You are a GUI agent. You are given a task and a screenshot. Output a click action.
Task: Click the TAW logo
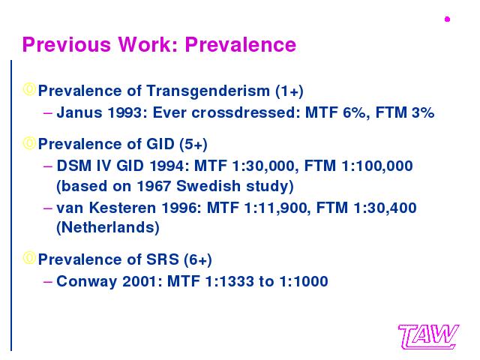point(428,337)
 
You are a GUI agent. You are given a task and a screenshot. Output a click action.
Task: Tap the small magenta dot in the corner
point(447,19)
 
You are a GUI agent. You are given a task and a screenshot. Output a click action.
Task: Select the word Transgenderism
point(208,91)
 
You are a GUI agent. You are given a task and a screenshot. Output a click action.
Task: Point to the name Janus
point(79,112)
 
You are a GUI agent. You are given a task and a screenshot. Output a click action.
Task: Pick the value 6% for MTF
point(354,112)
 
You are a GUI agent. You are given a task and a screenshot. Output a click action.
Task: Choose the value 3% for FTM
point(423,112)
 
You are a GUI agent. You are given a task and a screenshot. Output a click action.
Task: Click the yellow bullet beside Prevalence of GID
point(29,142)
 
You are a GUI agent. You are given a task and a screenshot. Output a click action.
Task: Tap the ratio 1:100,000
point(377,166)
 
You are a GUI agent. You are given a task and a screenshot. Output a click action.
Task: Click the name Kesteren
point(122,208)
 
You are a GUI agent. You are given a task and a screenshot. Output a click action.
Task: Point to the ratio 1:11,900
point(275,208)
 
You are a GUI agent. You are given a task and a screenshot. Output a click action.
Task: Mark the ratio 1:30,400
point(385,208)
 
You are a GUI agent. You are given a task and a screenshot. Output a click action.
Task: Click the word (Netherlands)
point(108,228)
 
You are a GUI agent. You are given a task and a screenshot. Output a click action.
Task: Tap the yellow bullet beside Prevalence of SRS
point(29,258)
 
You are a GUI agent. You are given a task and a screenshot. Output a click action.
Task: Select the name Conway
point(87,282)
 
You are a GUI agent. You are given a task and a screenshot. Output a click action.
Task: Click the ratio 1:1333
point(229,281)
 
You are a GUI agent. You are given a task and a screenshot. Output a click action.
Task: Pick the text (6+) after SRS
point(198,260)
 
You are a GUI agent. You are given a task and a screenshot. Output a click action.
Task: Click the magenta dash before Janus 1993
point(48,113)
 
